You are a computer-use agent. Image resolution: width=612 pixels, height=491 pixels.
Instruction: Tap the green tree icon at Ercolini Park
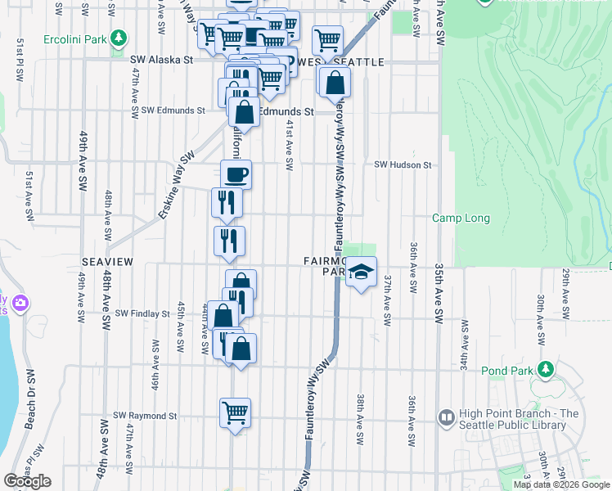(119, 38)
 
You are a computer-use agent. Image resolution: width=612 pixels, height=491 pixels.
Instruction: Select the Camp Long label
(461, 218)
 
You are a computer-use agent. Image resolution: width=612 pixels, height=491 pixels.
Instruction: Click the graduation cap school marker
(361, 273)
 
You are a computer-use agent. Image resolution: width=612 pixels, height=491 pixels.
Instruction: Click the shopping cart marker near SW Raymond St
(236, 412)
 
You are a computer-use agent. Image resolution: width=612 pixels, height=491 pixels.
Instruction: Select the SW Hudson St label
(403, 164)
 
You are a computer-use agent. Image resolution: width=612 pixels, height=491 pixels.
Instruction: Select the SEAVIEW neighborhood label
(107, 261)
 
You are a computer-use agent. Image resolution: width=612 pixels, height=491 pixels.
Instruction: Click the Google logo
(28, 481)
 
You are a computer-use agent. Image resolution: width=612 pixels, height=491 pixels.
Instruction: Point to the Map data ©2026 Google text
(561, 484)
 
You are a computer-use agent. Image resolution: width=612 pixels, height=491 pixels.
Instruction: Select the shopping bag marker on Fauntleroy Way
(335, 83)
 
